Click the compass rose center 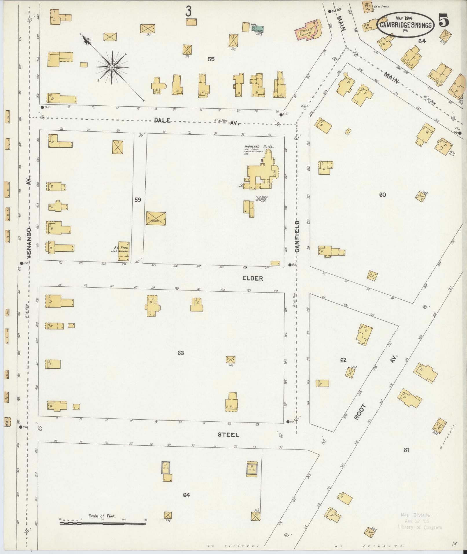coord(112,67)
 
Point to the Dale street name coord(162,120)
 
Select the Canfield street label coord(297,236)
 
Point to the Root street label coord(360,412)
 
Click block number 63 coord(181,353)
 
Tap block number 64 coord(186,495)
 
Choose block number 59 coord(138,200)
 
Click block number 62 coord(343,360)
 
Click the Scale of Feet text coord(102,516)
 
